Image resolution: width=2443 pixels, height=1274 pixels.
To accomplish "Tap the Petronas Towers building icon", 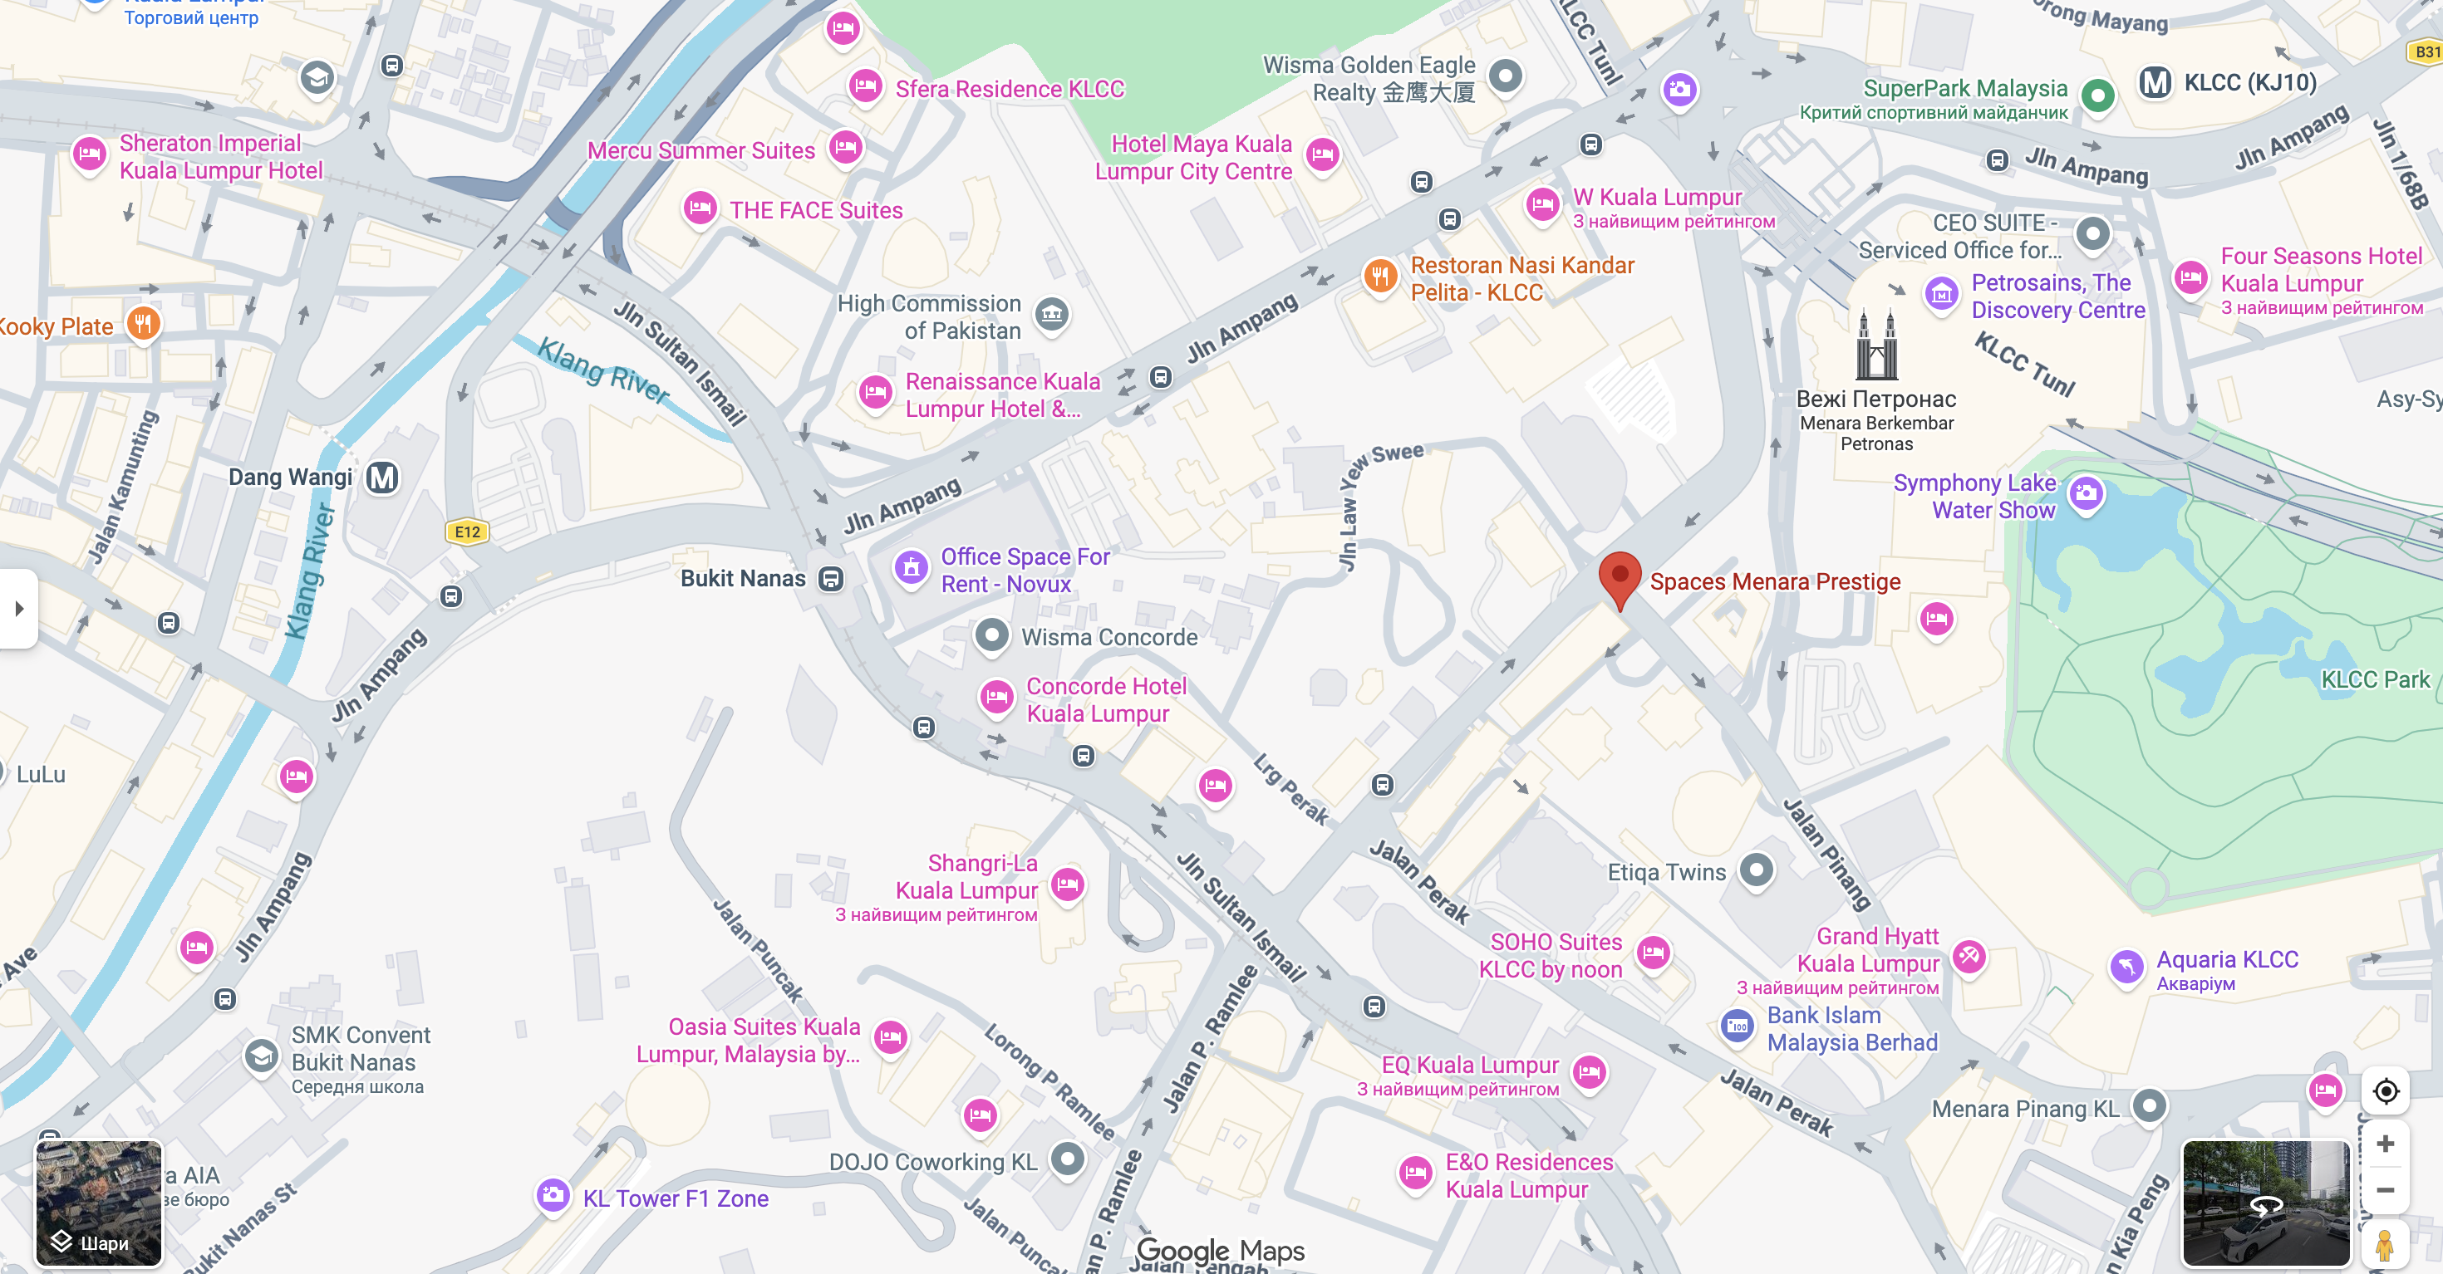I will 1876,346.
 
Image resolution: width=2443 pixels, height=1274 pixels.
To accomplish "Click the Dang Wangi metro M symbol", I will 383,478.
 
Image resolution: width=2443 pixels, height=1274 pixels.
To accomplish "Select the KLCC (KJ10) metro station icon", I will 2155,83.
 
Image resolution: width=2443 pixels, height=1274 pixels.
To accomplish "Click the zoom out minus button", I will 2385,1191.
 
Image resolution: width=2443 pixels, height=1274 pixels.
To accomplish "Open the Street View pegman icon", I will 2385,1243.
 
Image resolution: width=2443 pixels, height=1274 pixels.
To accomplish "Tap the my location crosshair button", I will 2385,1091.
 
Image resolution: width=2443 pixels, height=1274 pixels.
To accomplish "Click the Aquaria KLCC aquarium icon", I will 2126,967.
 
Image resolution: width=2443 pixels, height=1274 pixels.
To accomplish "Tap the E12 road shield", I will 468,532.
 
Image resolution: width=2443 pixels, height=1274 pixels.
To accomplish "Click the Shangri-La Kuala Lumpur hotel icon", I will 1068,884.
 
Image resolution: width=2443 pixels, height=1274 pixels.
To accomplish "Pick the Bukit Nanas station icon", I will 831,579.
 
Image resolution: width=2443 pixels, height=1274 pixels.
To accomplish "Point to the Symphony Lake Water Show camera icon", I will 2086,493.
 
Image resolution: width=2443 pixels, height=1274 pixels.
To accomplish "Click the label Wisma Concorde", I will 1108,637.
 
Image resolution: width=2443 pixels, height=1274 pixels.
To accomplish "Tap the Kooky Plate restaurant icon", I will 143,324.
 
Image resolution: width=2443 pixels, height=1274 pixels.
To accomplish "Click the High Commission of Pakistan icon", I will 1051,314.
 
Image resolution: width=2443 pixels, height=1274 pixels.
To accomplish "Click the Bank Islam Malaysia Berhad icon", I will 1737,1026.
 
